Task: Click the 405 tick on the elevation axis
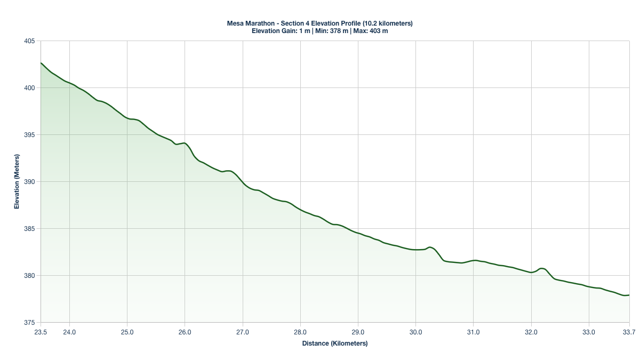(29, 41)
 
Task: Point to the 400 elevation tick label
(29, 88)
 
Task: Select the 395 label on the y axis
(29, 135)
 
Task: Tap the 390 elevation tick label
(29, 182)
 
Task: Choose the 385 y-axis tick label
(29, 229)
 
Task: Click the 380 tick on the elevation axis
(29, 276)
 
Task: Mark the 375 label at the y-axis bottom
(29, 323)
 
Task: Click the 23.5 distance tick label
(41, 332)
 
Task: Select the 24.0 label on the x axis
(69, 332)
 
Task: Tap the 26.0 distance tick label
(185, 332)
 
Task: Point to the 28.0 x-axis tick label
(300, 332)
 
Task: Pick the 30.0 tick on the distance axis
(415, 332)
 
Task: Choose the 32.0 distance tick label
(531, 332)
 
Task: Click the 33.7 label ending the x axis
(629, 332)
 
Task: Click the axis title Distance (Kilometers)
(335, 343)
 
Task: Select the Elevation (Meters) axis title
(17, 182)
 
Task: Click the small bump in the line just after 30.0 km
(429, 247)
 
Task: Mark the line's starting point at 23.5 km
(41, 63)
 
